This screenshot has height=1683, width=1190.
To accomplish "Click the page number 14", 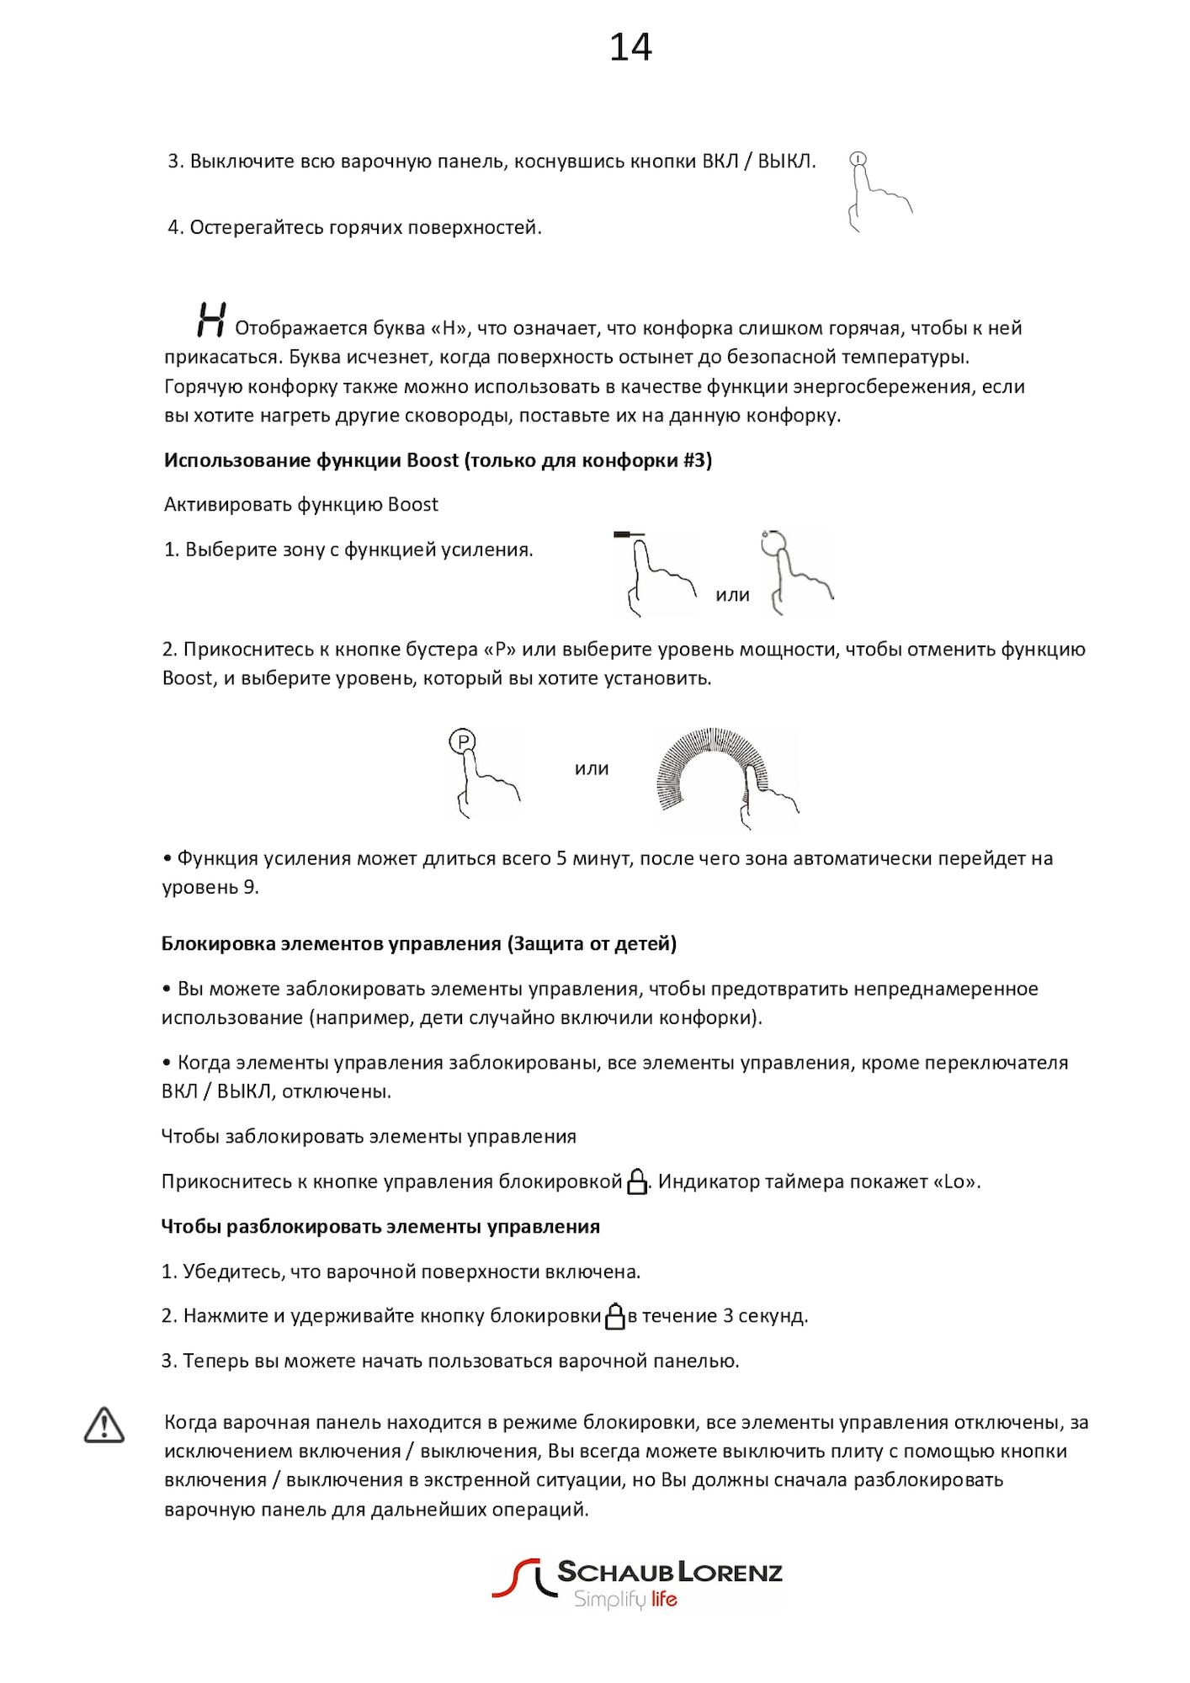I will coord(630,47).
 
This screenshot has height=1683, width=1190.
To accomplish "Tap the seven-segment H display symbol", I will coord(210,321).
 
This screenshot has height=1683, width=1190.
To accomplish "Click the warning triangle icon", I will coord(104,1426).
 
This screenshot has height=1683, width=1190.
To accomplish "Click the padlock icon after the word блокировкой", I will coord(637,1181).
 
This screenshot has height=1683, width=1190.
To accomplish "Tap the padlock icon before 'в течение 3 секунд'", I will coord(615,1316).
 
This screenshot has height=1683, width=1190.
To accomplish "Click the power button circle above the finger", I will coord(858,158).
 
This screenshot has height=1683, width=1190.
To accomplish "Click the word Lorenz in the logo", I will coord(730,1572).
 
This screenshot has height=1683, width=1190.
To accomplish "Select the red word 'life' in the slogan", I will coord(664,1599).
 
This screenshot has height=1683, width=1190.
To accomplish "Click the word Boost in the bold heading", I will coord(433,460).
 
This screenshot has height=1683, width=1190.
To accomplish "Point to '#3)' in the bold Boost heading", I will coord(697,460).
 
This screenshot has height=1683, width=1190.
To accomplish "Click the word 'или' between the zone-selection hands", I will coord(732,595).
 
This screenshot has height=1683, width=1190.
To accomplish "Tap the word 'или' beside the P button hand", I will coord(592,768).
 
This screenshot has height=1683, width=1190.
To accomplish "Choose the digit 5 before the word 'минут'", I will coord(561,858).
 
